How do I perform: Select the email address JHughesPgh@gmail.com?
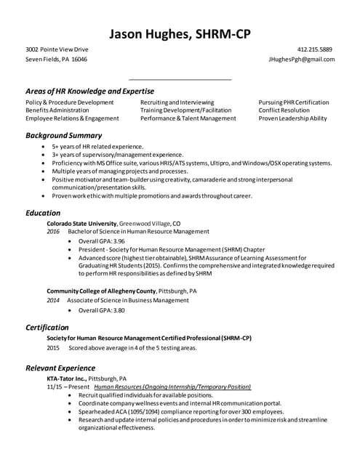pos(301,60)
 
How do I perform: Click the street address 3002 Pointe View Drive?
pos(57,49)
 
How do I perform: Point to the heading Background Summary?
pos(63,135)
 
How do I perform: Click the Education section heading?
pos(43,213)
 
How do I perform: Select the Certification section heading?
pos(47,327)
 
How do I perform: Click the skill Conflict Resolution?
pos(284,110)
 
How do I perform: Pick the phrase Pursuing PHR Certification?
pos(294,102)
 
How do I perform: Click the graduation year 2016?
pos(53,231)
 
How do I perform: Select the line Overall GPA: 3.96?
pos(102,240)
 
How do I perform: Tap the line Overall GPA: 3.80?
pos(102,310)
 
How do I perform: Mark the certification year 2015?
pos(53,348)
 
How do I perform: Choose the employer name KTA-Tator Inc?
pos(67,379)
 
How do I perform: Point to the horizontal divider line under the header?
pos(180,78)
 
